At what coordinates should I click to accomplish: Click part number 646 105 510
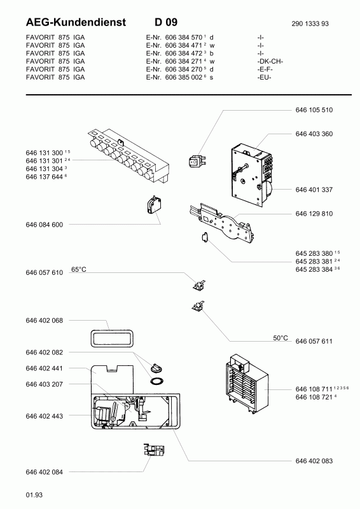[314, 110]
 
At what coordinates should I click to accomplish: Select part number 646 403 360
[314, 134]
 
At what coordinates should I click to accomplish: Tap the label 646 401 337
[314, 190]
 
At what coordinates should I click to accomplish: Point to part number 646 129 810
[314, 214]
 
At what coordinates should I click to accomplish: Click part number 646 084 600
[44, 225]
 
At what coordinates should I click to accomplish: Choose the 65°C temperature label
[79, 269]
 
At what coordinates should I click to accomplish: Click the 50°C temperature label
[280, 338]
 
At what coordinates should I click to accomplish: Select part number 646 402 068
[44, 321]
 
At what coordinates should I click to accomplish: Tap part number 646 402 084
[44, 472]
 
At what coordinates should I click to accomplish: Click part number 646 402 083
[314, 461]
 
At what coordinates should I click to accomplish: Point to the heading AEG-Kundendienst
[76, 22]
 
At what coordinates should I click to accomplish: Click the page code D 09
[166, 22]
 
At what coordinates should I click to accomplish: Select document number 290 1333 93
[310, 24]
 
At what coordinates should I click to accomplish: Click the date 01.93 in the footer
[34, 495]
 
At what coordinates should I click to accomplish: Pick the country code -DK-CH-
[270, 61]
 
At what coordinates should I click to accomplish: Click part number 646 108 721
[314, 397]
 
